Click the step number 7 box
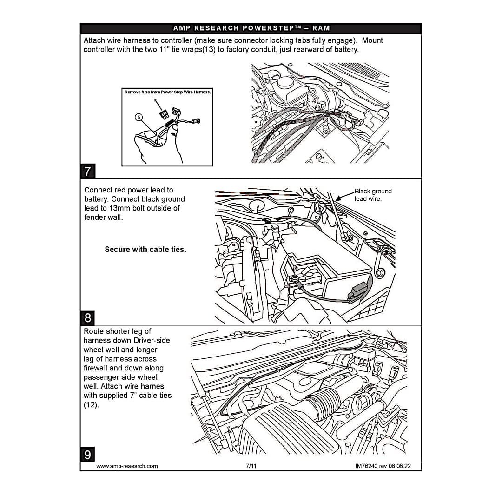coord(88,171)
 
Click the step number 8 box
coord(88,318)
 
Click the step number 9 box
coord(88,454)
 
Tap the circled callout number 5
coord(138,117)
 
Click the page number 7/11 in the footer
coord(251,466)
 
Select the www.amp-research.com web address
coord(127,466)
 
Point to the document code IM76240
coord(368,466)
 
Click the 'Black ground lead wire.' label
coord(373,195)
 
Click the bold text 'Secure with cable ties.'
coord(145,249)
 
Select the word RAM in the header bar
coord(321,28)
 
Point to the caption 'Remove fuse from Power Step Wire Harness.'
coord(168,92)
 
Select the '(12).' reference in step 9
coord(91,404)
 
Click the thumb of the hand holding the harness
coord(175,139)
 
